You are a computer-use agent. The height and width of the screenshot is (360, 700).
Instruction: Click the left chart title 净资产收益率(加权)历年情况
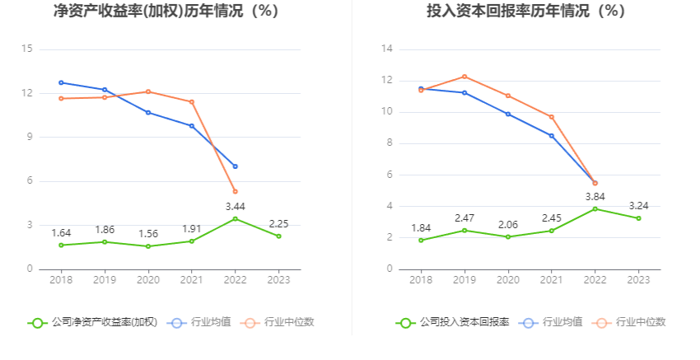click(x=166, y=12)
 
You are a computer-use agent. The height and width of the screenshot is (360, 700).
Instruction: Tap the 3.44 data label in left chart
click(x=236, y=206)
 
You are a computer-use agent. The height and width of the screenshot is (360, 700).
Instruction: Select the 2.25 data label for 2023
click(x=279, y=223)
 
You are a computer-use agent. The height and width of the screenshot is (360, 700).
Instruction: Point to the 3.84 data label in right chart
click(x=595, y=196)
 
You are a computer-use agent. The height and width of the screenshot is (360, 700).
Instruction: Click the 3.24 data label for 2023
click(x=639, y=205)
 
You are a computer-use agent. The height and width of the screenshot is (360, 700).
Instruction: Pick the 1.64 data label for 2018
click(x=61, y=233)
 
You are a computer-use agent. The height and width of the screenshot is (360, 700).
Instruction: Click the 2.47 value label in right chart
click(x=464, y=217)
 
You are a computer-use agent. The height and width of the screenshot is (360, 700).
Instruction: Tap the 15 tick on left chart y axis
click(x=26, y=49)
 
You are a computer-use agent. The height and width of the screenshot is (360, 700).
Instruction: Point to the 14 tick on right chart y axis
click(x=386, y=49)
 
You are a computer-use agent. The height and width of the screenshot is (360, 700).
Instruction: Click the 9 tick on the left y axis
click(x=30, y=138)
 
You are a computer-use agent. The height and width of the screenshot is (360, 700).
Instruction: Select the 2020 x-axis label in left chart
click(x=148, y=280)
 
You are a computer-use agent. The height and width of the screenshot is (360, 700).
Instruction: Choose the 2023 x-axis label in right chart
click(x=638, y=280)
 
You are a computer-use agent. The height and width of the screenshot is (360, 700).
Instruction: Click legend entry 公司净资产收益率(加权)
click(x=92, y=322)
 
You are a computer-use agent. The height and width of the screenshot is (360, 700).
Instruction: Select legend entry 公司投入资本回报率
click(x=452, y=322)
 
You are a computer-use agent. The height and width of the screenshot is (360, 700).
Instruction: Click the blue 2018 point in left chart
click(x=61, y=82)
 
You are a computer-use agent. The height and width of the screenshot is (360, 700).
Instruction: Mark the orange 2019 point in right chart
click(x=464, y=77)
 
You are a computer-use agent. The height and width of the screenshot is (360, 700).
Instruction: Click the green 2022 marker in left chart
click(x=236, y=218)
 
